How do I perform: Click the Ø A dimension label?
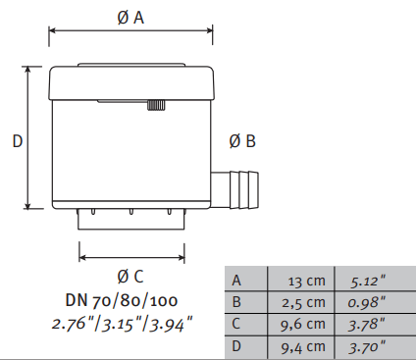pyautogui.click(x=130, y=18)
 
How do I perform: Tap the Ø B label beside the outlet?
pyautogui.click(x=242, y=141)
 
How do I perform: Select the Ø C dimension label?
pyautogui.click(x=130, y=277)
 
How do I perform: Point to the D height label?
pyautogui.click(x=18, y=141)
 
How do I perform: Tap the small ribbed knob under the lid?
pyautogui.click(x=156, y=105)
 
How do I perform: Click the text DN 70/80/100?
pyautogui.click(x=122, y=300)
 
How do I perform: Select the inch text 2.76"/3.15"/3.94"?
pyautogui.click(x=123, y=324)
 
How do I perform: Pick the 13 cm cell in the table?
pyautogui.click(x=307, y=281)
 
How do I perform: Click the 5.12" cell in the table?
pyautogui.click(x=368, y=281)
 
